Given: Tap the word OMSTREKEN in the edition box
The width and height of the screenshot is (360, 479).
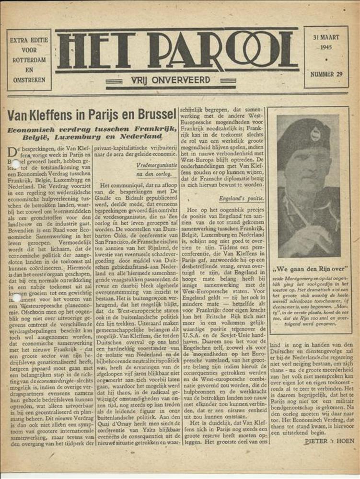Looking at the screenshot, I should click(29, 80).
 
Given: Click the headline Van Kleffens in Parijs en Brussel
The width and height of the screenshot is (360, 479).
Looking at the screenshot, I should click(91, 115).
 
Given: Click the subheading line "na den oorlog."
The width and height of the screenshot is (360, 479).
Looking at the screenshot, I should click(155, 174).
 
